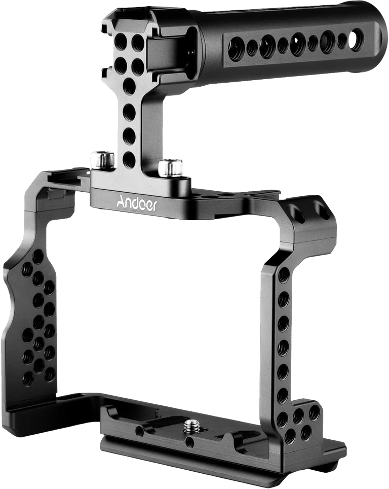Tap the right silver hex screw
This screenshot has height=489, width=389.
coord(170,168)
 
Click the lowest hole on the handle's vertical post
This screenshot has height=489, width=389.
coord(129,159)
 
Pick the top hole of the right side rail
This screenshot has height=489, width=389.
coord(284,276)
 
